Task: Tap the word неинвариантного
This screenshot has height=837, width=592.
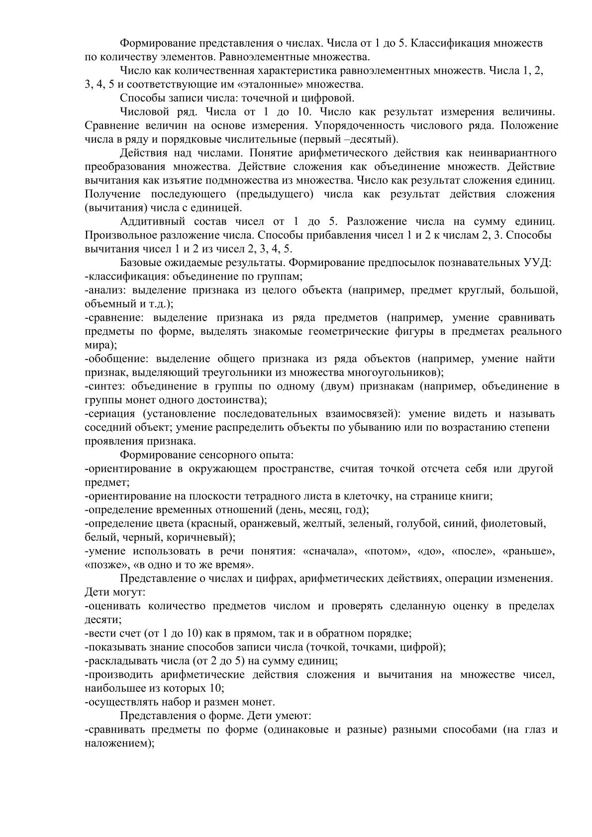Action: tap(514, 153)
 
